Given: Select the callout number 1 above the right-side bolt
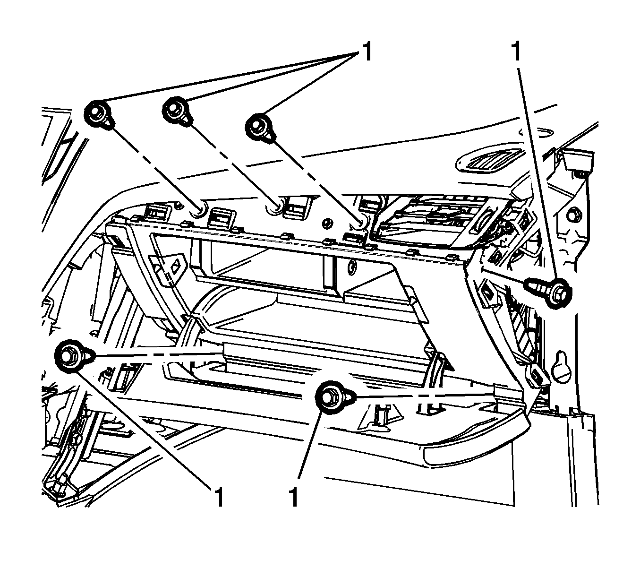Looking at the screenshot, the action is (516, 52).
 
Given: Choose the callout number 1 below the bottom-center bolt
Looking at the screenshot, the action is (293, 497).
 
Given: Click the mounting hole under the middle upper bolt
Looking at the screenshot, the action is (274, 208).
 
